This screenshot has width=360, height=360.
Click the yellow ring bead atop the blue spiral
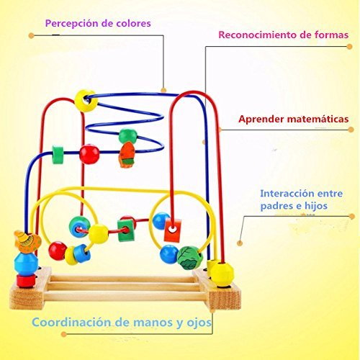point(86,101)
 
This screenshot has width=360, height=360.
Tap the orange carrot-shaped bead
point(126,154)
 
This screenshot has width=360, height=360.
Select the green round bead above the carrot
point(128,136)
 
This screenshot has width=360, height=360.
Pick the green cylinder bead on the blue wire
point(58,154)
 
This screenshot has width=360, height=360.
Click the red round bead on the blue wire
point(89,154)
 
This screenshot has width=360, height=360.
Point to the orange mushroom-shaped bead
point(27,242)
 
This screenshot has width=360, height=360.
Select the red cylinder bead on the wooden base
point(26,281)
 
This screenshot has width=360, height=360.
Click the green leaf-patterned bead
point(190,258)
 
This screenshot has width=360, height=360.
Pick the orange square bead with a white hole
point(172,230)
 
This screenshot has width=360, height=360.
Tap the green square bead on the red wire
point(125,231)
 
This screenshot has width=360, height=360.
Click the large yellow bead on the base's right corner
point(222,274)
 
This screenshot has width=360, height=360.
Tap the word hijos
point(316,206)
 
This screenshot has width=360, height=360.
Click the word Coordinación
point(72,323)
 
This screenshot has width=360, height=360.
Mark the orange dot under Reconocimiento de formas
point(349,47)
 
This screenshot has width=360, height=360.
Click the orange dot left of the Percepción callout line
point(31,35)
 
